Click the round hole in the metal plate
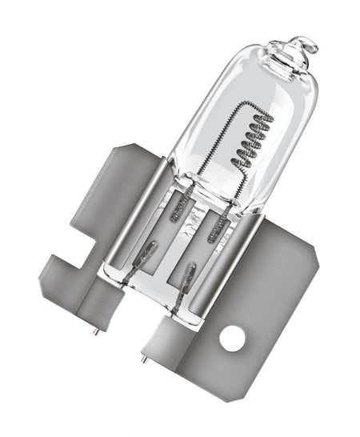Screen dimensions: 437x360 (232, 339)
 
